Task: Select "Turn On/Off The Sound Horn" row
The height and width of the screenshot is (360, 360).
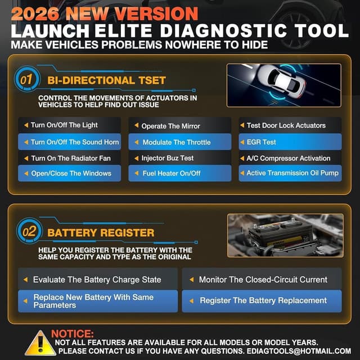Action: [x=70, y=142]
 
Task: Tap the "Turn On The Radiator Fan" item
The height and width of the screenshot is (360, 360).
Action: [x=70, y=158]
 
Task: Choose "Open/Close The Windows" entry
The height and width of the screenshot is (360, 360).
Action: [x=70, y=173]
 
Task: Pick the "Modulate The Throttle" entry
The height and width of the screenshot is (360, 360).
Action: [x=179, y=142]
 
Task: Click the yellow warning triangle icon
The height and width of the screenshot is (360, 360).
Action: [x=40, y=343]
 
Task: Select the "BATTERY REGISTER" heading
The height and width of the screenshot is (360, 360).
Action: [x=101, y=232]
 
